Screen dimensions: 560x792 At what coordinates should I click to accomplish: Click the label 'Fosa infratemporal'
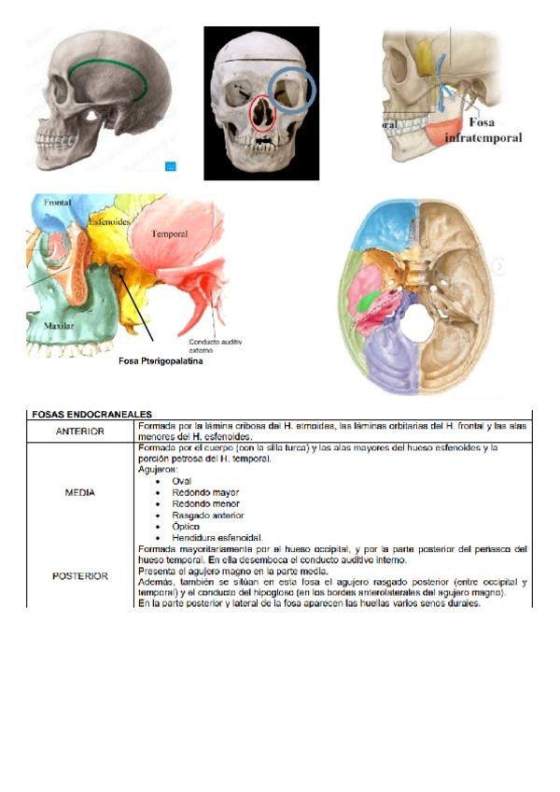483,130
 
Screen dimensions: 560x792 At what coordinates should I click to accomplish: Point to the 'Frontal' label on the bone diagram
57,202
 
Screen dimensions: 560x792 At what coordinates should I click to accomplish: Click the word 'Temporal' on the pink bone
170,233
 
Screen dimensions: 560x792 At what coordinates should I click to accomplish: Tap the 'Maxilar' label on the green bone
60,326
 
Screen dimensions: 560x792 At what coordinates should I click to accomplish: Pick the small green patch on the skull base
370,301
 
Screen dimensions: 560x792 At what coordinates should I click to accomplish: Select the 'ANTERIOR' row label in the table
79,431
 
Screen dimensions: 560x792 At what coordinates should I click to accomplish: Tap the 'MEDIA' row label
79,492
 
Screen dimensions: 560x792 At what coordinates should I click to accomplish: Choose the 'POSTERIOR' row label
79,576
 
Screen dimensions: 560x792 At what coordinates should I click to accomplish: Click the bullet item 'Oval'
182,481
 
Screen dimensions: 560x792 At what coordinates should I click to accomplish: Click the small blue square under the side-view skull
171,167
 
